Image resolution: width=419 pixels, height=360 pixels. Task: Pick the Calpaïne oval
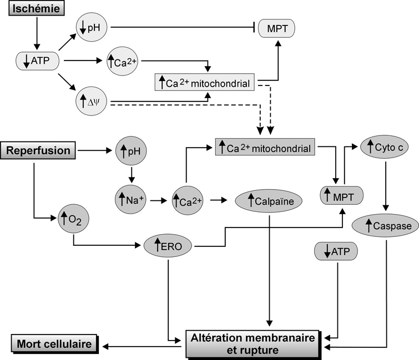[269, 200]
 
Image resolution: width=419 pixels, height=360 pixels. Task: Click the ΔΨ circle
[92, 102]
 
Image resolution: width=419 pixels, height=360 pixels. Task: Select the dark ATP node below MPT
[335, 252]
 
